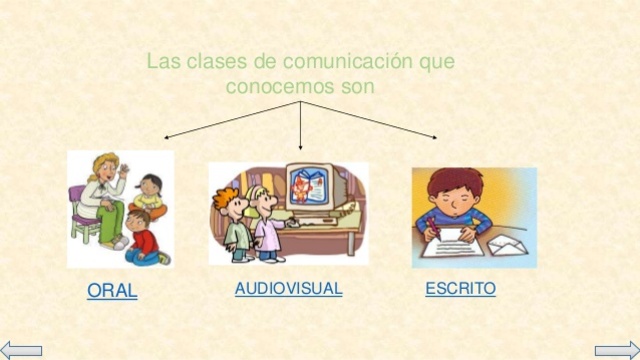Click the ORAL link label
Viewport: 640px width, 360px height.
(112, 291)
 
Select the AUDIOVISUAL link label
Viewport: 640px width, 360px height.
(288, 289)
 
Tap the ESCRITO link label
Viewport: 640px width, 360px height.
(460, 289)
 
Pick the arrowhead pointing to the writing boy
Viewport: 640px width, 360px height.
(434, 137)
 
